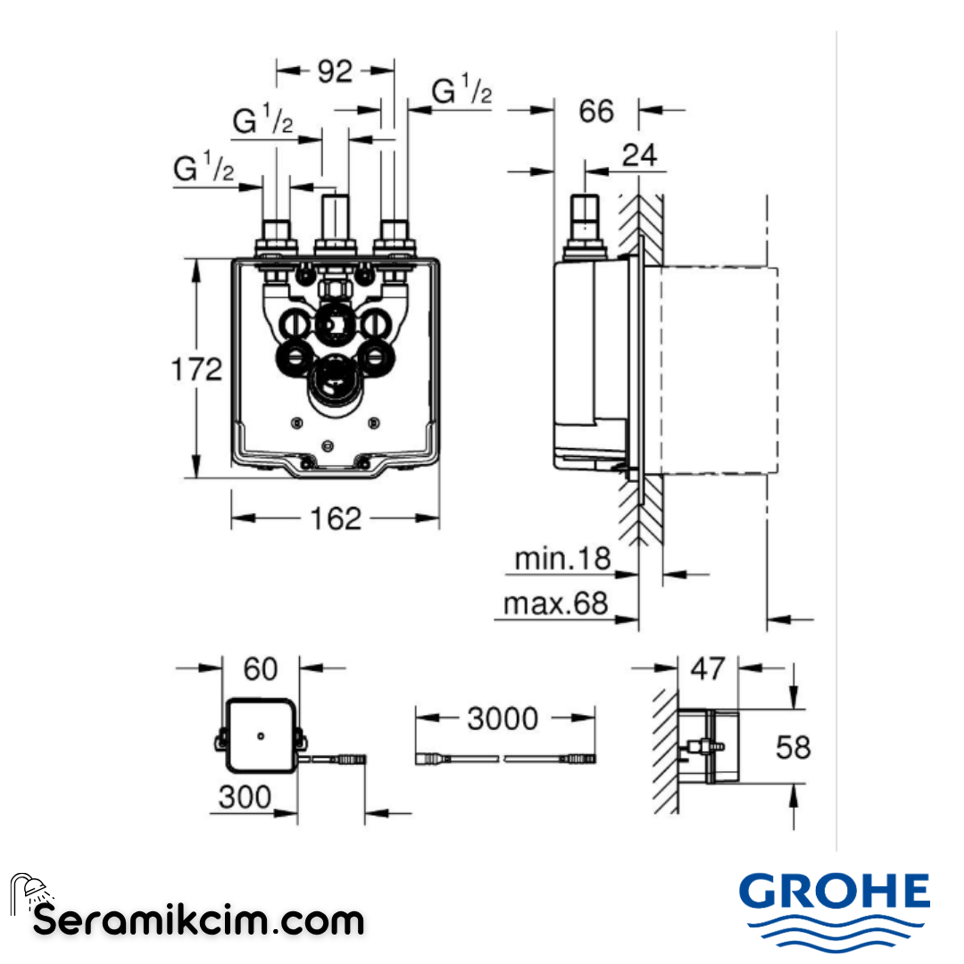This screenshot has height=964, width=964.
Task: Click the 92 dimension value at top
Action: click(x=336, y=71)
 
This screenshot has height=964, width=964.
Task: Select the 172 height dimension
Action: click(x=196, y=368)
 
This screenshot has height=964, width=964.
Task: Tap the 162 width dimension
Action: click(x=337, y=518)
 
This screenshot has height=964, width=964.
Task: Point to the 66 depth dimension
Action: click(x=596, y=112)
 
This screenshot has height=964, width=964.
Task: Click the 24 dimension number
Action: click(x=639, y=155)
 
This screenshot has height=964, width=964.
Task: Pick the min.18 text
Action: click(x=562, y=560)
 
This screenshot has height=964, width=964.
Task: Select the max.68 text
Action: click(x=555, y=604)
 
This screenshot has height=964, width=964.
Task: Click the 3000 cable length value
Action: click(x=503, y=718)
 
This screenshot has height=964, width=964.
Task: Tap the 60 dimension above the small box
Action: click(x=261, y=668)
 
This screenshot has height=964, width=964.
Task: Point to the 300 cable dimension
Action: click(x=245, y=797)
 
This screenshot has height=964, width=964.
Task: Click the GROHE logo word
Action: click(x=835, y=893)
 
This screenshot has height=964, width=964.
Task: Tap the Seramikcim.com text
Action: click(x=199, y=918)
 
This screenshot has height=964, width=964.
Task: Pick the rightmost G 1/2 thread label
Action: click(x=461, y=91)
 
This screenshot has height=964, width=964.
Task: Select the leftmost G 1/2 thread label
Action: click(x=204, y=168)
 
